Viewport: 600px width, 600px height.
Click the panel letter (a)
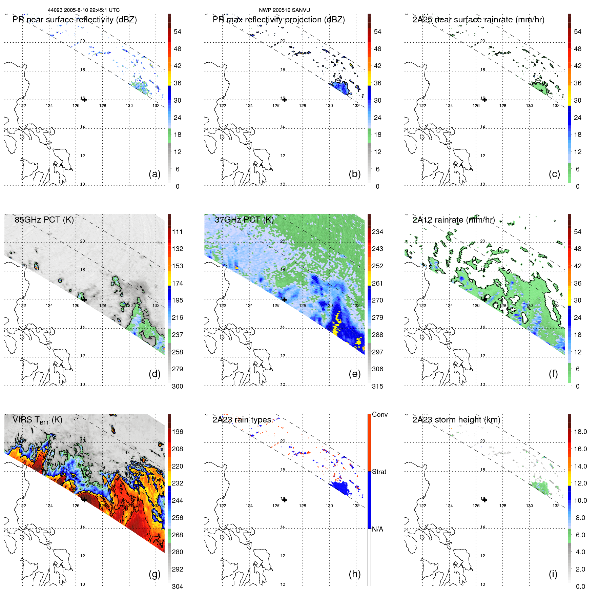pyautogui.click(x=154, y=174)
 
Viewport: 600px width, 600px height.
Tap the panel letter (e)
pyautogui.click(x=354, y=374)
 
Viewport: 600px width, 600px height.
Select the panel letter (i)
pyautogui.click(x=553, y=574)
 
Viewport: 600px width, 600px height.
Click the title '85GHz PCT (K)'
pyautogui.click(x=44, y=220)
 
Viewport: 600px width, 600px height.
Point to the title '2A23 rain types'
pyautogui.click(x=242, y=420)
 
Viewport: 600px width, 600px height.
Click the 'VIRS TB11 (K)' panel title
pyautogui.click(x=37, y=420)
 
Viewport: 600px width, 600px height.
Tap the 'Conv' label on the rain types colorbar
pyautogui.click(x=379, y=414)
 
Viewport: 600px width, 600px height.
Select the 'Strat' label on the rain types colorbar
pyautogui.click(x=379, y=472)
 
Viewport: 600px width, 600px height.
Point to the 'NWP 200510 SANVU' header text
pyautogui.click(x=284, y=10)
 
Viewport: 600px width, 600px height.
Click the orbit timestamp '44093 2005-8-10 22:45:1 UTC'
pyautogui.click(x=83, y=10)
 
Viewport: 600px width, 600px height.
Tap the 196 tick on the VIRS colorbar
pyautogui.click(x=178, y=432)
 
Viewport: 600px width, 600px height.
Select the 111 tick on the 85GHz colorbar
pyautogui.click(x=178, y=232)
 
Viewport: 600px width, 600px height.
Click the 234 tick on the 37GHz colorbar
pyautogui.click(x=377, y=232)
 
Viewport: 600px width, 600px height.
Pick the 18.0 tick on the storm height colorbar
pyautogui.click(x=580, y=432)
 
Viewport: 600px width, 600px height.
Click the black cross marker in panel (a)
pyautogui.click(x=84, y=100)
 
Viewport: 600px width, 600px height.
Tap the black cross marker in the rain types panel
pyautogui.click(x=285, y=500)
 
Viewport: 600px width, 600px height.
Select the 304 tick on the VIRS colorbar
pyautogui.click(x=178, y=586)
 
